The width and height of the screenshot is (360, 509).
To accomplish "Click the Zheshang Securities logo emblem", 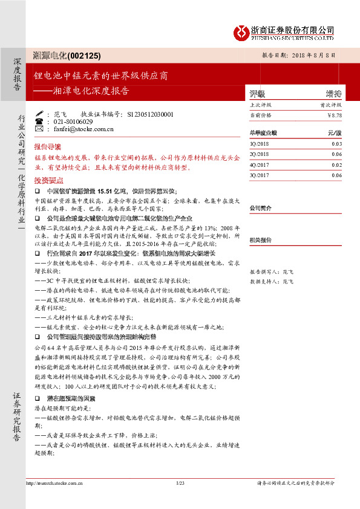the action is point(243,31).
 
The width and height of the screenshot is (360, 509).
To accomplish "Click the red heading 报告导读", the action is point(48,147).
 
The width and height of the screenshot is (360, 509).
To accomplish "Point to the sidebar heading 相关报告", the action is point(260,239).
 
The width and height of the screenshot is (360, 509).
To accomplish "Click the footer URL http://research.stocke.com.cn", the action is point(59,482).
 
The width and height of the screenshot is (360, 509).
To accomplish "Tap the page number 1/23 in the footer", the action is point(180,482).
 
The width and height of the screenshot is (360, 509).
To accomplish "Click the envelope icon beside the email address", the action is point(39,128).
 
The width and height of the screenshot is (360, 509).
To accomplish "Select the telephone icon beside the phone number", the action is point(39,121).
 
